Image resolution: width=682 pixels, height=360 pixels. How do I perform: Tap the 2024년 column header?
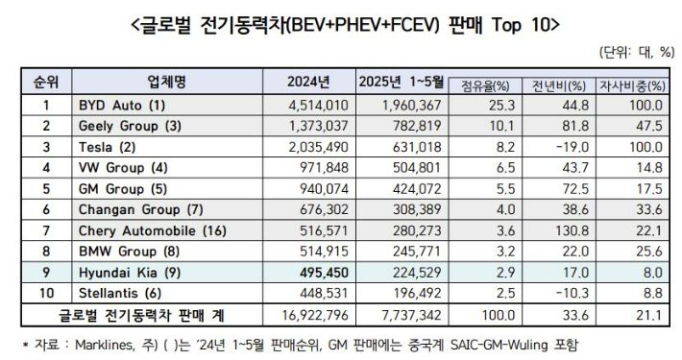pyautogui.click(x=308, y=80)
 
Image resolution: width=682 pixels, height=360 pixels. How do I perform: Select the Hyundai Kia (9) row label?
pyautogui.click(x=125, y=272)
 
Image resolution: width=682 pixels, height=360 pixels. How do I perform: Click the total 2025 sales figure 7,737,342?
pyautogui.click(x=399, y=315)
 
